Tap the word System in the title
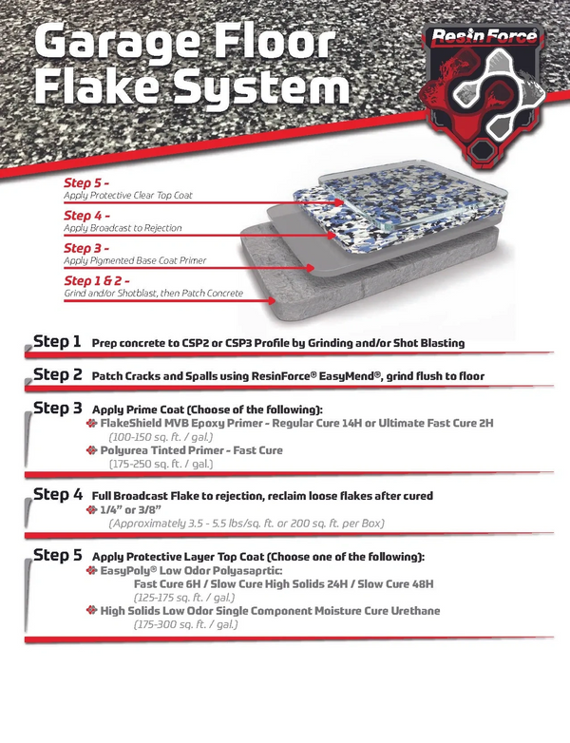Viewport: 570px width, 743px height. (x=261, y=87)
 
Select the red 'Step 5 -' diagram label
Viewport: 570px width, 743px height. (x=86, y=183)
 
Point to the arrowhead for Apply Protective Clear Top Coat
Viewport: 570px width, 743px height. (x=338, y=202)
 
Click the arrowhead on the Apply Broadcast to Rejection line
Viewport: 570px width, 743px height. (x=331, y=235)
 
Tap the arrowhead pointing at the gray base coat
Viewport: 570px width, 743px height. (x=310, y=268)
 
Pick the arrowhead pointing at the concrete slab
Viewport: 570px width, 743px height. (x=271, y=300)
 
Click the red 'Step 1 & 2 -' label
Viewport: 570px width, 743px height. (x=97, y=281)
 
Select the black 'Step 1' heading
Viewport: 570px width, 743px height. (x=57, y=342)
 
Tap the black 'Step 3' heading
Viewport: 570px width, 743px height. (x=58, y=408)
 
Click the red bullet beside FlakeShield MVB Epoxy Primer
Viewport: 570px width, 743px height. (x=92, y=423)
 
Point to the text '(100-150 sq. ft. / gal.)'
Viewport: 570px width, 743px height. (x=161, y=436)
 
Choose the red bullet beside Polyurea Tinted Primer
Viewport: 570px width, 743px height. (x=92, y=450)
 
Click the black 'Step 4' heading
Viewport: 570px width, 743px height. (x=58, y=495)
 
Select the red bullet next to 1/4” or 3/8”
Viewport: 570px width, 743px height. (x=92, y=510)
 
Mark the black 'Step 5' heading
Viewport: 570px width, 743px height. (x=58, y=556)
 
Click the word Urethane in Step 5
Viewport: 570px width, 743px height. (x=415, y=611)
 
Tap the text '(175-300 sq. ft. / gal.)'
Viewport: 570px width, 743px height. (x=186, y=624)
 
